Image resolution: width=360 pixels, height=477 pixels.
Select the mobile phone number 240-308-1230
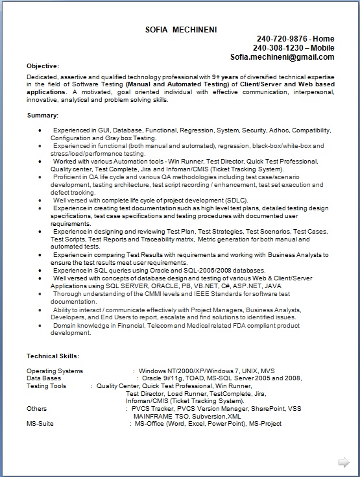(x=274, y=48)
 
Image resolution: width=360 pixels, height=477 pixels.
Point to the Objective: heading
(x=43, y=66)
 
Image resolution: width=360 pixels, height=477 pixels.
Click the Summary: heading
(x=43, y=115)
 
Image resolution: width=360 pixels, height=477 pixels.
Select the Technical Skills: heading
(x=53, y=356)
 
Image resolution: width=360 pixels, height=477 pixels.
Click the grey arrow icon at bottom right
(x=344, y=462)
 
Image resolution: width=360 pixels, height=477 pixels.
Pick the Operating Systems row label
(x=55, y=371)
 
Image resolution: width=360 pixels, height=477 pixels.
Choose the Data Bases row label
(x=44, y=378)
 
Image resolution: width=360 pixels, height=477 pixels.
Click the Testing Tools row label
(x=46, y=385)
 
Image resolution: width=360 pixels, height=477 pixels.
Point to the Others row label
(x=36, y=408)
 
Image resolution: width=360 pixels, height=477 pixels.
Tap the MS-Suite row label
(x=40, y=424)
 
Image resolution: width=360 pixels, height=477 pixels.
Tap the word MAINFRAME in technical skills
(x=152, y=416)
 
